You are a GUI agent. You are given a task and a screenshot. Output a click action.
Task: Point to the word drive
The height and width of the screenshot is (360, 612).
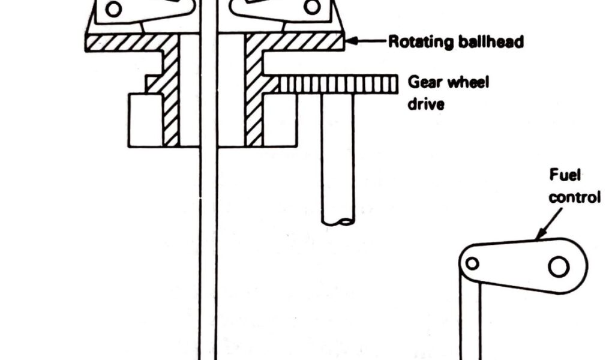(x=426, y=104)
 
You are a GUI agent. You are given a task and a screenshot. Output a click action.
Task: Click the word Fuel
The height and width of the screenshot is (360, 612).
(x=565, y=175)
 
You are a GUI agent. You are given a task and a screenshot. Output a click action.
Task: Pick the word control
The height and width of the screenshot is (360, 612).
(x=575, y=197)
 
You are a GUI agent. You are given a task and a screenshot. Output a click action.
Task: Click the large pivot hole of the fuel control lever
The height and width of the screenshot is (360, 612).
(x=559, y=266)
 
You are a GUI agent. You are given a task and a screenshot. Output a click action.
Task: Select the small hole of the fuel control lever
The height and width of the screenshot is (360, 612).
(x=472, y=263)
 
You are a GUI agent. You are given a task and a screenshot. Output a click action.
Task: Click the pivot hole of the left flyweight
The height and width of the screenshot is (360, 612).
(x=113, y=8)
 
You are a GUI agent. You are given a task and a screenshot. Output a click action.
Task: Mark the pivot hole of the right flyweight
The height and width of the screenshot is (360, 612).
(x=312, y=7)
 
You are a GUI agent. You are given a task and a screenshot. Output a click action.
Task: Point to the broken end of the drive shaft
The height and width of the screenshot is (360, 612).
(x=338, y=223)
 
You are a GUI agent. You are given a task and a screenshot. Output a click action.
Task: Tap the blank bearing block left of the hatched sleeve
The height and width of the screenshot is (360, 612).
(x=146, y=120)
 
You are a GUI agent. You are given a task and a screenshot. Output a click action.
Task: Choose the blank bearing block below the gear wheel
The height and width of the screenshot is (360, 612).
(x=280, y=120)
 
